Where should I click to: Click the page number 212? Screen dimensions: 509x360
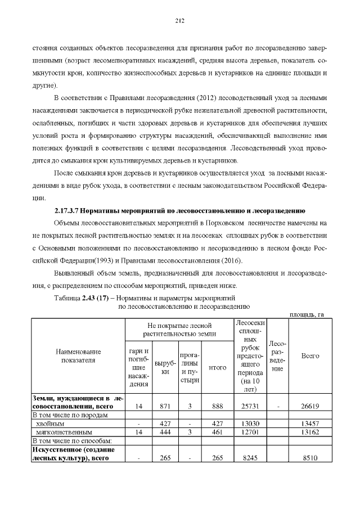tap(180, 21)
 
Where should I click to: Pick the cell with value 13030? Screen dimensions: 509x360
tap(250, 423)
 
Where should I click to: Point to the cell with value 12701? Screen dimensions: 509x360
tap(250, 432)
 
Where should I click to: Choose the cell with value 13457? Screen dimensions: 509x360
tap(310, 423)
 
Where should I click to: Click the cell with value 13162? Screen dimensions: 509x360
tap(310, 432)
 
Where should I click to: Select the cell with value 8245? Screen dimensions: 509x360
tap(250, 458)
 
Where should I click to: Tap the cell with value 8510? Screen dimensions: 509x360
tap(310, 458)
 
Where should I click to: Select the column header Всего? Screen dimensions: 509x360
tap(310, 356)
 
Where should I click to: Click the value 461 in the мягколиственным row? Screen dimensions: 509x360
tap(217, 432)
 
